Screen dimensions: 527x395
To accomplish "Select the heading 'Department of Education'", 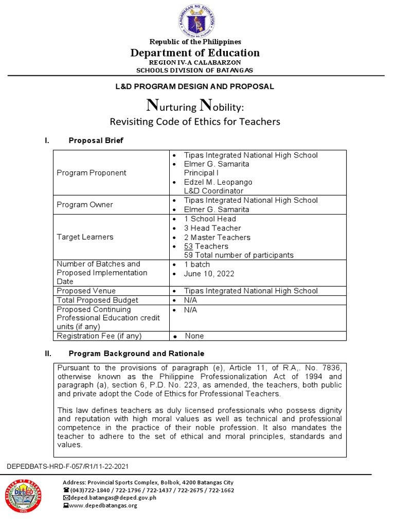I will click(x=195, y=52).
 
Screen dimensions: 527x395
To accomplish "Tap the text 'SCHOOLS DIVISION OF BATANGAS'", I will click(x=195, y=70).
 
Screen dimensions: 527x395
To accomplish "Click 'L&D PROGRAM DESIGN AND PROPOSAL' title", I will click(x=195, y=86).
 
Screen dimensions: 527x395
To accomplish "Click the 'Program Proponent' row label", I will click(x=91, y=173).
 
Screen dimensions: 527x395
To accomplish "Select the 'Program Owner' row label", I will click(x=84, y=205).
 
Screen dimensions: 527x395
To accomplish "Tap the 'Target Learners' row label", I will click(x=85, y=237).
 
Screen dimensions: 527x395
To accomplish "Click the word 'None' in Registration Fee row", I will click(x=194, y=336).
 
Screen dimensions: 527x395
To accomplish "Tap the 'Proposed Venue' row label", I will click(x=86, y=291).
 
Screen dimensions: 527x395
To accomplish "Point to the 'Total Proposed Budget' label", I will click(x=97, y=300).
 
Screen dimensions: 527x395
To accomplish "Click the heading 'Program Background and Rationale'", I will click(x=136, y=354).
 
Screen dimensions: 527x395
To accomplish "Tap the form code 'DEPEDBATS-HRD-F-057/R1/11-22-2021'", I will click(x=67, y=466).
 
